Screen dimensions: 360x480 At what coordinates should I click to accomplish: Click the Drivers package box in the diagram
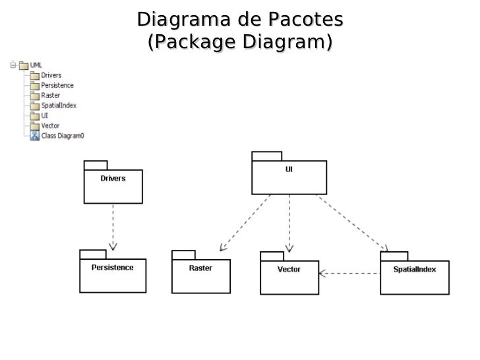[x=113, y=186]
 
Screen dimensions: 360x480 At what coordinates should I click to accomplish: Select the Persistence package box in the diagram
[x=113, y=275]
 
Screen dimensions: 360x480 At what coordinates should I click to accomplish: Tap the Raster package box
[x=201, y=276]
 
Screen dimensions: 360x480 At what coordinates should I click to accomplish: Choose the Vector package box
[x=289, y=277]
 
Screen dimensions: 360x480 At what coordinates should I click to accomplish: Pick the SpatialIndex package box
[x=414, y=277]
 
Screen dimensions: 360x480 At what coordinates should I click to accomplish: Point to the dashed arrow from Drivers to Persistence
[x=113, y=226]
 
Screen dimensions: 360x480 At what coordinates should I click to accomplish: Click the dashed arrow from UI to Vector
[x=289, y=224]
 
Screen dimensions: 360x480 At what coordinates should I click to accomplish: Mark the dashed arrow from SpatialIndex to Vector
[x=349, y=272]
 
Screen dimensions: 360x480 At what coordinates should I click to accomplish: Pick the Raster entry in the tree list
[x=50, y=96]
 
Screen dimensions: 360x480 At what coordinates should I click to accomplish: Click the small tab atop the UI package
[x=266, y=156]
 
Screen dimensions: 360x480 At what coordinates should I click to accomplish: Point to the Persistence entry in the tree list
[x=57, y=86]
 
